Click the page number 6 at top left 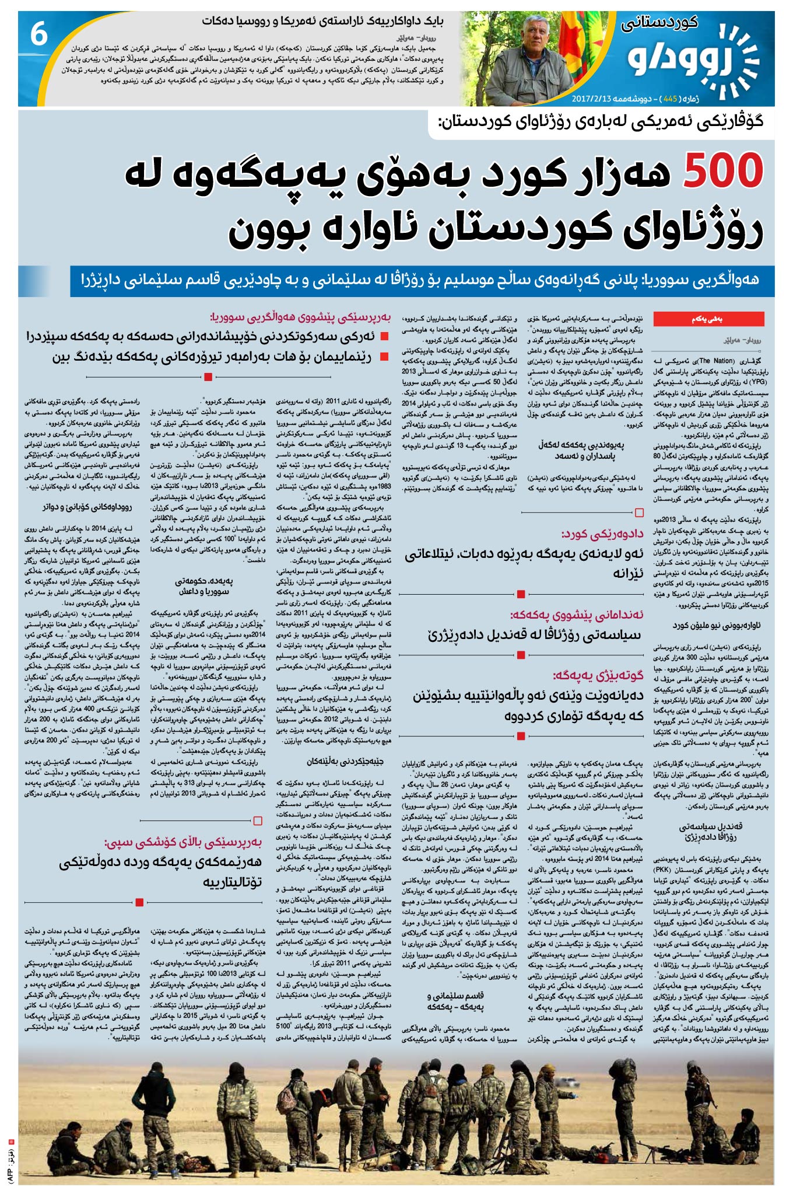click(x=38, y=35)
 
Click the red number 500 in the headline click(x=722, y=171)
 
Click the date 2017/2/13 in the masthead click(x=592, y=99)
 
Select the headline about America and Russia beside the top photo click(x=322, y=21)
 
